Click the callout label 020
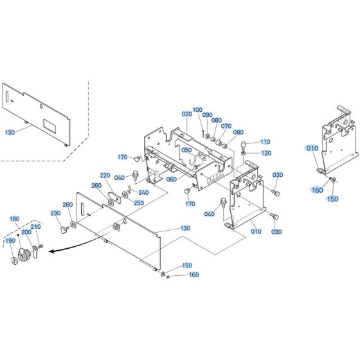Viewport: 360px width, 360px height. (186, 114)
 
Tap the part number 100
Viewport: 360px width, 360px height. (197, 110)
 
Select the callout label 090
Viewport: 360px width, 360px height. (207, 115)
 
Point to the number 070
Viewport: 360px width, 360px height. (226, 126)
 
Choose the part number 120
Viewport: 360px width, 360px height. (265, 153)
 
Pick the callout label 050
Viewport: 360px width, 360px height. (186, 150)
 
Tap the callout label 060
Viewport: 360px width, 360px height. (172, 179)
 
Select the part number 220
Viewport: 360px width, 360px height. (105, 175)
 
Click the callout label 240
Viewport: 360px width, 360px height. (143, 192)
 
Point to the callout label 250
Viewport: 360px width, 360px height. (139, 203)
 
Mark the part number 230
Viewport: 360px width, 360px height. (55, 213)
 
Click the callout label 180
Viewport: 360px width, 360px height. (15, 219)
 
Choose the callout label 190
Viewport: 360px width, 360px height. (10, 240)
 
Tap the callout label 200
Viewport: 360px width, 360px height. (26, 232)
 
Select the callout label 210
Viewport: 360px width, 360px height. (35, 227)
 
